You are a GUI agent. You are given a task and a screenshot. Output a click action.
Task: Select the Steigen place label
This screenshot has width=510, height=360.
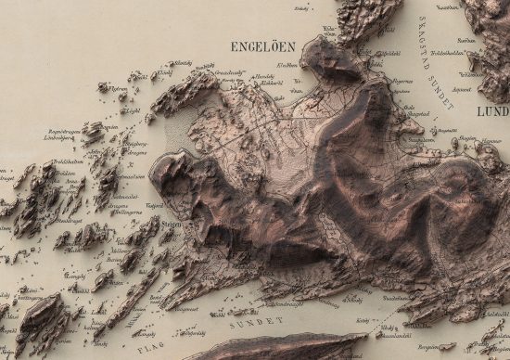click(x=169, y=223)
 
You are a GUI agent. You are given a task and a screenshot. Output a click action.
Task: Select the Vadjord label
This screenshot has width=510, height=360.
click(x=153, y=207)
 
